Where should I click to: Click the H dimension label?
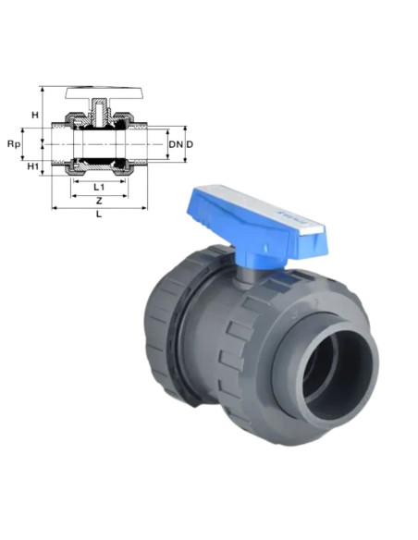pyautogui.click(x=35, y=115)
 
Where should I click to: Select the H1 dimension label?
pyautogui.click(x=32, y=166)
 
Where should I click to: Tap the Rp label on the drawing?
pyautogui.click(x=14, y=144)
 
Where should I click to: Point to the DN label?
pyautogui.click(x=176, y=144)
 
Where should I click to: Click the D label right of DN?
pyautogui.click(x=190, y=144)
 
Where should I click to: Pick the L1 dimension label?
pyautogui.click(x=99, y=187)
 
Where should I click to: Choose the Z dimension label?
pyautogui.click(x=99, y=201)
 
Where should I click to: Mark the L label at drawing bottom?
pyautogui.click(x=99, y=214)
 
